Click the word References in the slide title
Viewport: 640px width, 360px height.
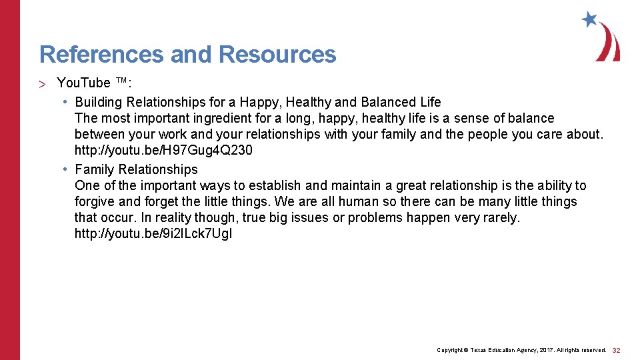point(101,54)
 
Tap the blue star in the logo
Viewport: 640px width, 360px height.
point(589,19)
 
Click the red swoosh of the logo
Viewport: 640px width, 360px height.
point(609,44)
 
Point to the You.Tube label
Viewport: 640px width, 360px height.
point(83,83)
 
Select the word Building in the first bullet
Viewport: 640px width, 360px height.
point(99,102)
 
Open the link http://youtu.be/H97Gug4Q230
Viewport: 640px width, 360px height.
point(163,150)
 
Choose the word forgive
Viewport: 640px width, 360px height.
point(95,201)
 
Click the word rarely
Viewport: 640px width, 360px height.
point(502,217)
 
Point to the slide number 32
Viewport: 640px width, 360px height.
point(616,350)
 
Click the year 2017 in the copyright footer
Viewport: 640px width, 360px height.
point(542,350)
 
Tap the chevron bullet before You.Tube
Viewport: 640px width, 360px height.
point(42,83)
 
